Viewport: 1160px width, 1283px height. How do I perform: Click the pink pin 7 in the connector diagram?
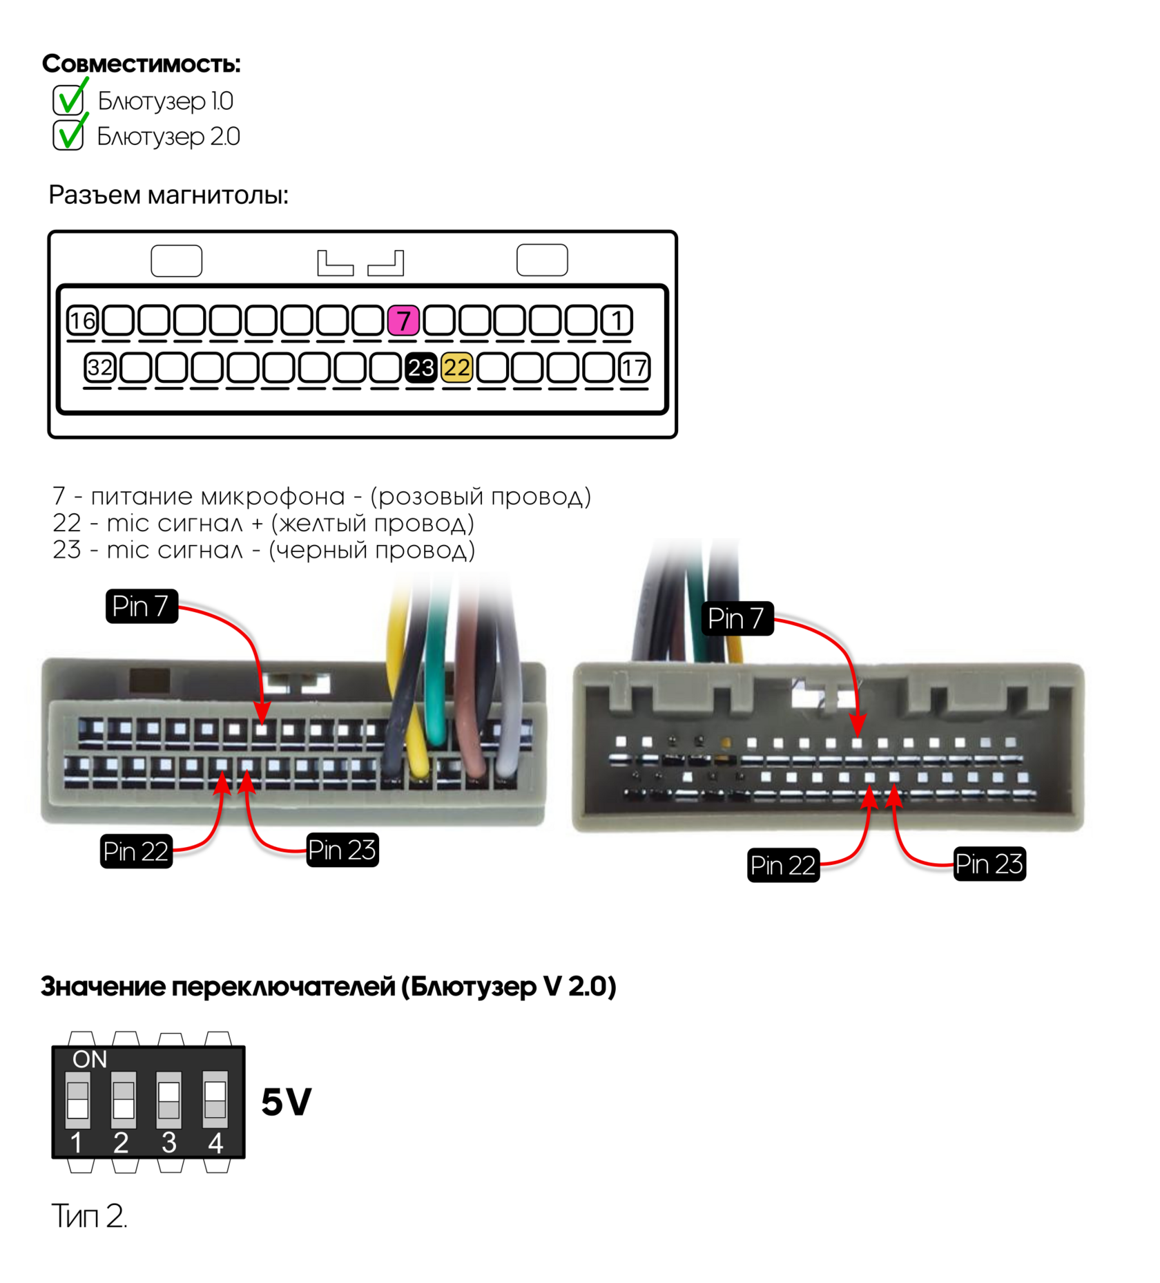pyautogui.click(x=403, y=321)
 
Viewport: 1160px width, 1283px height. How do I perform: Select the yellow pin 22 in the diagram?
pyautogui.click(x=456, y=368)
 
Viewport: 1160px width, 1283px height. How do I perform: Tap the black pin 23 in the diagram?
pyautogui.click(x=420, y=368)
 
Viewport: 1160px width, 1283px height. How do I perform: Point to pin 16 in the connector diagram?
pyautogui.click(x=83, y=321)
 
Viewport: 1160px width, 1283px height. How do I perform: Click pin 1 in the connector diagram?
pyautogui.click(x=617, y=321)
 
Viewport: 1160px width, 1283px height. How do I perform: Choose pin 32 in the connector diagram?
pyautogui.click(x=100, y=368)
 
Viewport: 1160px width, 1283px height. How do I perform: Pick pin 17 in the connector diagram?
pyautogui.click(x=634, y=368)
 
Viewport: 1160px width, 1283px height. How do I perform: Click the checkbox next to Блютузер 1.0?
pyautogui.click(x=68, y=100)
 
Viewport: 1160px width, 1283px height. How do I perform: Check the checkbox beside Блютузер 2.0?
pyautogui.click(x=68, y=135)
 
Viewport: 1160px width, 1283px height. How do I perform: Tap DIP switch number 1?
pyautogui.click(x=78, y=1099)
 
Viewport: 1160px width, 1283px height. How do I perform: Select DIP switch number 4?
pyautogui.click(x=215, y=1099)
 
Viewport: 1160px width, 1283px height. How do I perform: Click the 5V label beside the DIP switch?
pyautogui.click(x=287, y=1102)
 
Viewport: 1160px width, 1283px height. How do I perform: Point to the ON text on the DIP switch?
pyautogui.click(x=90, y=1059)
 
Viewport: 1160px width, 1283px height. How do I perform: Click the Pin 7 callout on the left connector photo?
pyautogui.click(x=142, y=607)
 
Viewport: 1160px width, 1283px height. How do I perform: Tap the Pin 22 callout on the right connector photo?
pyautogui.click(x=783, y=865)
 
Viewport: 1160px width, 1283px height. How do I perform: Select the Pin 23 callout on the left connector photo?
pyautogui.click(x=342, y=850)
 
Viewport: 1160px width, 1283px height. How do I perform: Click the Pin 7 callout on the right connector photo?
pyautogui.click(x=737, y=618)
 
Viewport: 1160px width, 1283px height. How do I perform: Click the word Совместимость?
pyautogui.click(x=142, y=64)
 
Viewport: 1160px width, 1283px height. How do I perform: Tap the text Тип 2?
pyautogui.click(x=90, y=1215)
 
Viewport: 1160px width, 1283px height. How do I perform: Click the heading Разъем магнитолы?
pyautogui.click(x=168, y=196)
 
